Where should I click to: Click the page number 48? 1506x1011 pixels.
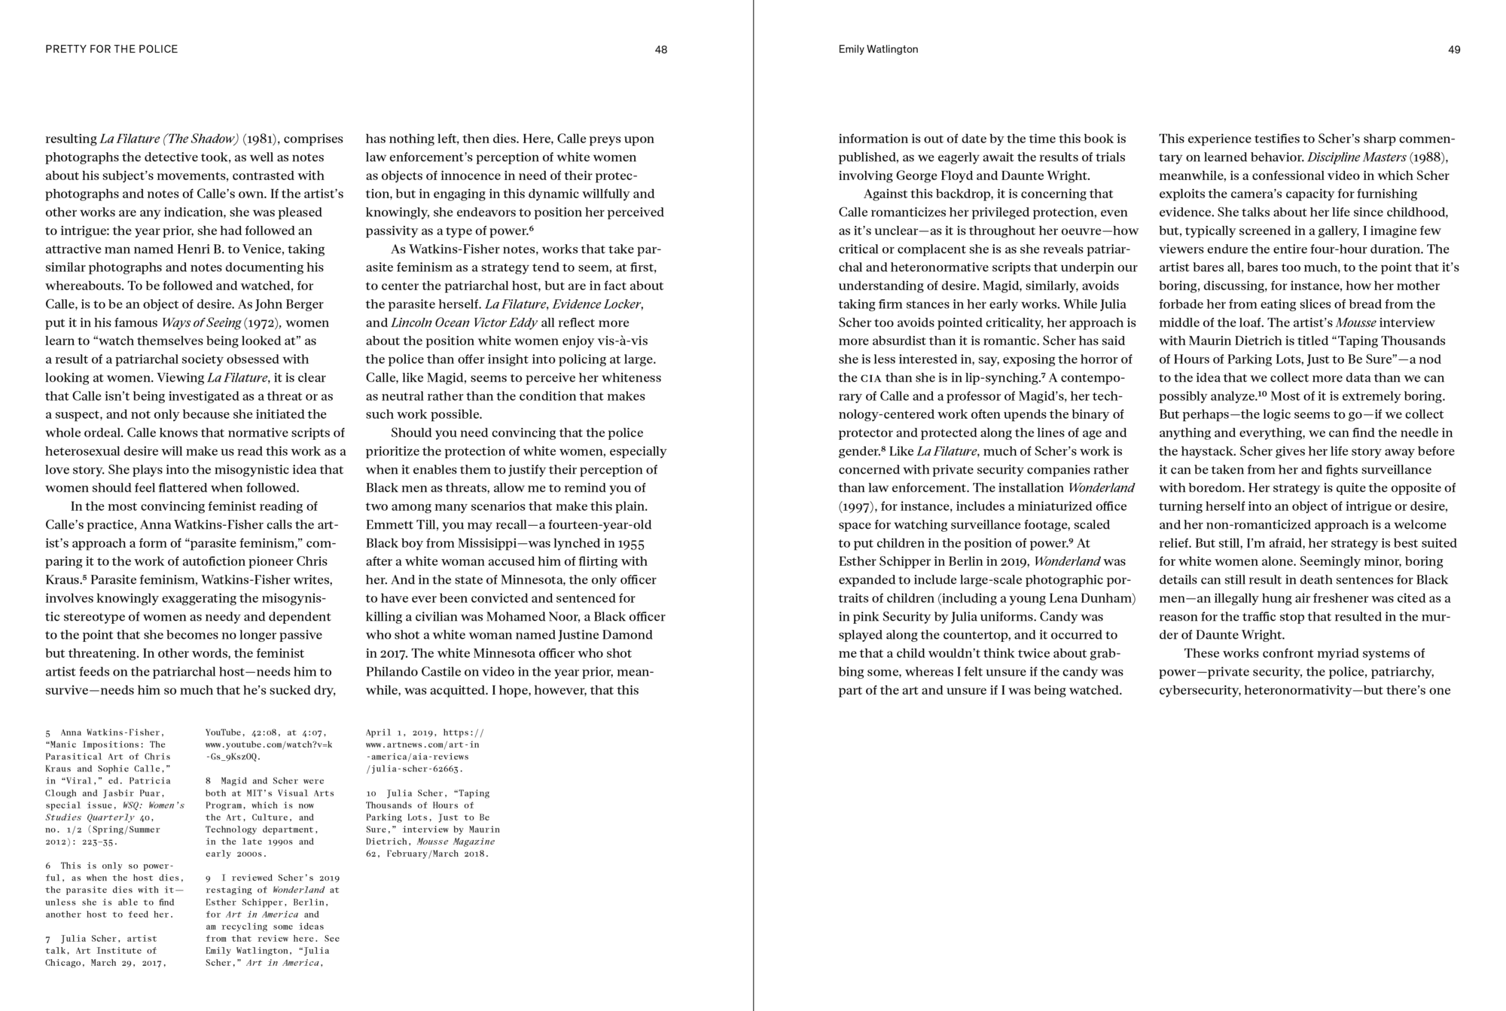pyautogui.click(x=660, y=50)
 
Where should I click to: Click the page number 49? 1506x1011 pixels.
pyautogui.click(x=1454, y=50)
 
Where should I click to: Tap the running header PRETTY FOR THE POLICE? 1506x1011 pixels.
pyautogui.click(x=111, y=49)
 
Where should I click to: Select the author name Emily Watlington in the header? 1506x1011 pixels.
pyautogui.click(x=878, y=49)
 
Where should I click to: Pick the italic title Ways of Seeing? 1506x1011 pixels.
pyautogui.click(x=200, y=322)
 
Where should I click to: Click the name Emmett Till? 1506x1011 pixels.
pyautogui.click(x=403, y=524)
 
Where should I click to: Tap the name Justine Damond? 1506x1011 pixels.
pyautogui.click(x=607, y=634)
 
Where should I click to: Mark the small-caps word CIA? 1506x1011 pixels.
pyautogui.click(x=870, y=378)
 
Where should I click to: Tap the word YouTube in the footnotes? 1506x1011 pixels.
pyautogui.click(x=224, y=732)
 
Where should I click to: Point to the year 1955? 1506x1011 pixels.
pyautogui.click(x=630, y=543)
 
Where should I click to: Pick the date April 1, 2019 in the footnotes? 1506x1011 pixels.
pyautogui.click(x=398, y=732)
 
